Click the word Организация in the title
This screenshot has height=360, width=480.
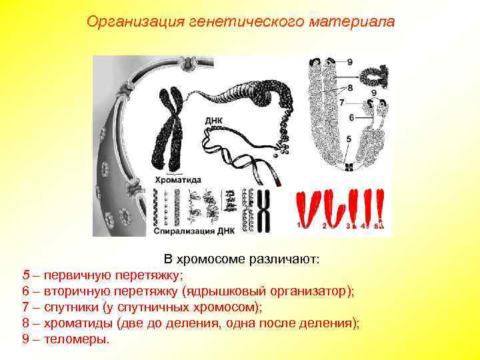coord(126,22)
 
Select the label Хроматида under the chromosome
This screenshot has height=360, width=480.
coord(177,179)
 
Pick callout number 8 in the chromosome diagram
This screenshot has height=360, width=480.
coord(350,87)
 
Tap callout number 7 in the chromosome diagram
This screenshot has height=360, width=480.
coord(341,103)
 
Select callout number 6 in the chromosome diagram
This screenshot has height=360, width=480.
coord(351,117)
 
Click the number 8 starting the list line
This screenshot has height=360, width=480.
coord(26,323)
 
